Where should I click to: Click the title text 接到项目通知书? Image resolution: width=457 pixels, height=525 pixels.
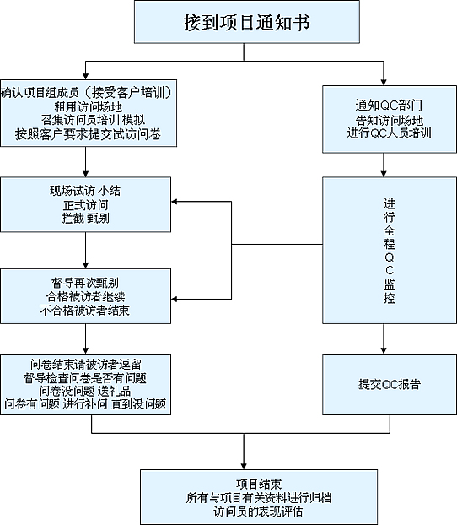click(246, 23)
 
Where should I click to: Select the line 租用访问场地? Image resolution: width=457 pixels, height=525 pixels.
click(89, 107)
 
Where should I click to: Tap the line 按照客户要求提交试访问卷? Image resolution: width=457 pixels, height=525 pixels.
click(88, 134)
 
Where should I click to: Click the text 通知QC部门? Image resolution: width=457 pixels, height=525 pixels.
click(389, 106)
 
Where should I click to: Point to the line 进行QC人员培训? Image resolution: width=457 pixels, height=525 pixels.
click(389, 133)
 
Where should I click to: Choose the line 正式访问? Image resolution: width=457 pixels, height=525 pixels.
click(86, 205)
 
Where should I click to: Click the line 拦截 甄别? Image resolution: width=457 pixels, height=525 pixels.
click(85, 219)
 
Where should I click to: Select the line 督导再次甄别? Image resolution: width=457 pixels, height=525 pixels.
click(85, 283)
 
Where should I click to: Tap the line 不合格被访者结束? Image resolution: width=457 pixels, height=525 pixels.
click(84, 311)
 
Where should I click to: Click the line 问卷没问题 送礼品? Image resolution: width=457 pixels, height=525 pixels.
click(85, 391)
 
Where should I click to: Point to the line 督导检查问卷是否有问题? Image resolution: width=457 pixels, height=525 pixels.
click(85, 377)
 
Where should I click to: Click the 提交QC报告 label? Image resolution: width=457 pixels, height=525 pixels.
click(390, 384)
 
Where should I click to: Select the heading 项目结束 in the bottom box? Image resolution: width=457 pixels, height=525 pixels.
click(259, 484)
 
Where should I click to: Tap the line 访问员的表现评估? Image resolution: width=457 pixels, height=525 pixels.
click(258, 511)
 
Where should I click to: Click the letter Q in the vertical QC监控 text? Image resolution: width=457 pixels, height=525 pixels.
click(389, 257)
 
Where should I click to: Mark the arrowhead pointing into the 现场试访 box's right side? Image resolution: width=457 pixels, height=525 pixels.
click(174, 202)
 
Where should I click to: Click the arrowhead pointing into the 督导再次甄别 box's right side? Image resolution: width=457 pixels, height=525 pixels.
click(174, 299)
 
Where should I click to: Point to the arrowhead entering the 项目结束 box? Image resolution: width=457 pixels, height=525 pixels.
click(244, 467)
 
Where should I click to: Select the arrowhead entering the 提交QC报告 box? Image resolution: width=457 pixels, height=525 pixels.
click(384, 350)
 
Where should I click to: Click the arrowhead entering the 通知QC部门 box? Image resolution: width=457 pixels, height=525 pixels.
click(384, 83)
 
